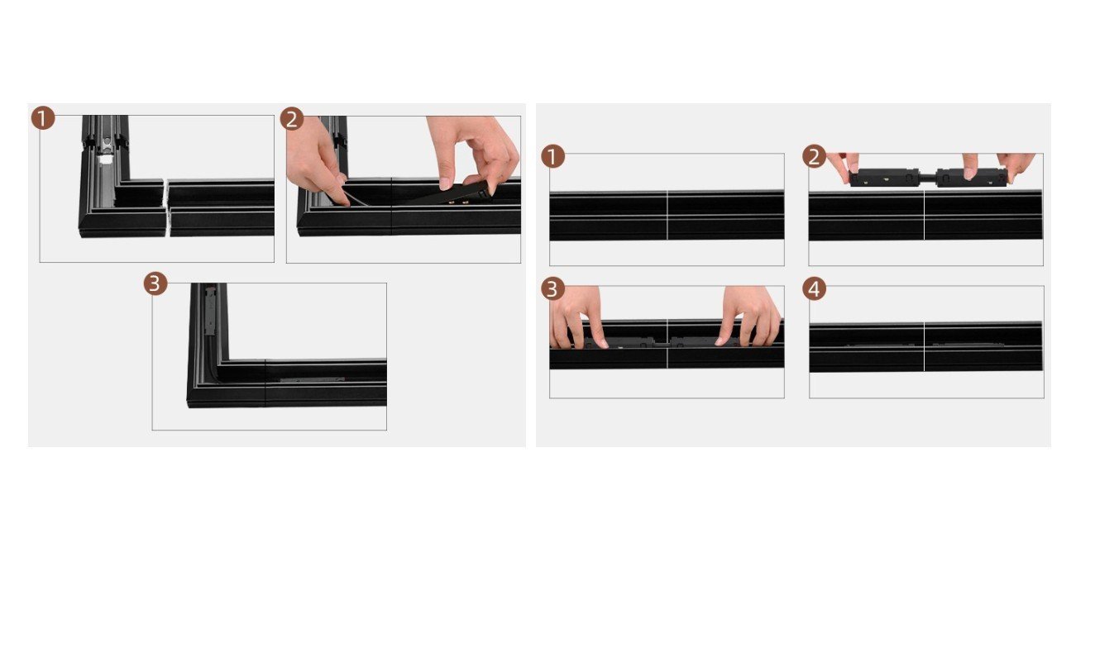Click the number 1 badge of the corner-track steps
[x=43, y=118]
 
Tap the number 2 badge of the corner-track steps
[x=292, y=119]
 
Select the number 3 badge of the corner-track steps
[x=155, y=283]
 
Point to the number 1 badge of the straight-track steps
[x=553, y=157]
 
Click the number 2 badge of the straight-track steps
[x=814, y=157]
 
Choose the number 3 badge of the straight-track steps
[x=553, y=289]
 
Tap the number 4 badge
[x=814, y=289]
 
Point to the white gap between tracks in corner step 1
[x=167, y=207]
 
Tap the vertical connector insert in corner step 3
[x=210, y=311]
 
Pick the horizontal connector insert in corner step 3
[x=313, y=379]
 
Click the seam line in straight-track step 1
[x=667, y=216]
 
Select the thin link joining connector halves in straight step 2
[x=928, y=178]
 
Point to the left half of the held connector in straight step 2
[x=885, y=178]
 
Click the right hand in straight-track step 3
[x=748, y=316]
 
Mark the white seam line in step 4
[x=924, y=347]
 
